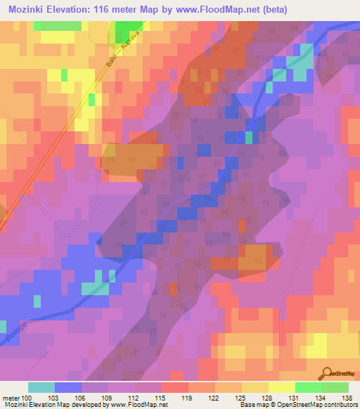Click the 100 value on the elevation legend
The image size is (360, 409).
point(27,398)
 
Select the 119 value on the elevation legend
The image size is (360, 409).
point(186,398)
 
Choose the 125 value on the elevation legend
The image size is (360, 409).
point(238,398)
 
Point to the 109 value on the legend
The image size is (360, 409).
point(106,398)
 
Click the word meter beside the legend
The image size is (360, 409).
point(9,398)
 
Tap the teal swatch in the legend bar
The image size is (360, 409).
point(41,387)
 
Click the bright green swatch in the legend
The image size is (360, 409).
point(308,387)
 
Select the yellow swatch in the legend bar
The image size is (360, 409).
point(281,387)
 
